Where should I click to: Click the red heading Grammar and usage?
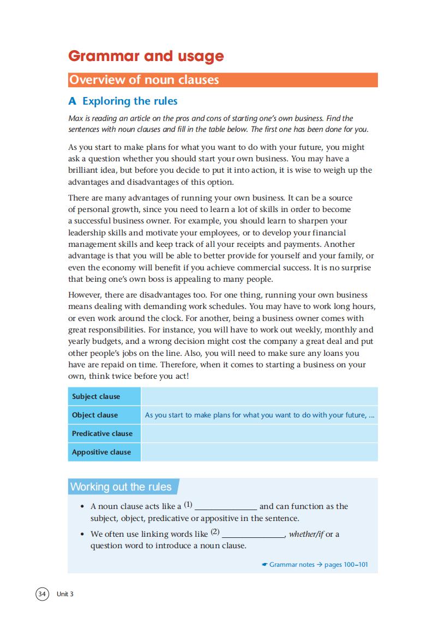(146, 56)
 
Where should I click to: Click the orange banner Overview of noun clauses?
(143, 80)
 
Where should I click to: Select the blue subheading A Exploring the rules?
(123, 101)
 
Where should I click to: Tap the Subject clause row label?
(96, 396)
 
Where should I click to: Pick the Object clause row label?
(95, 415)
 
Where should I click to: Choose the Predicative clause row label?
(103, 433)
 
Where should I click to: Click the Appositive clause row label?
(101, 452)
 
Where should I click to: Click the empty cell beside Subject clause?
(259, 396)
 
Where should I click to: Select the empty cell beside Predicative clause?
(259, 433)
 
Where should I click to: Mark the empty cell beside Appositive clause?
(259, 452)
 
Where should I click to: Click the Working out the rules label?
(121, 487)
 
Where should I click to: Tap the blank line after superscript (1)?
(226, 507)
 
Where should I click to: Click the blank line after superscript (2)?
(253, 535)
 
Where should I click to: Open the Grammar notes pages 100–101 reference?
(315, 565)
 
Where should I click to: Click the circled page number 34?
(43, 593)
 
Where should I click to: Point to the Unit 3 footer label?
(65, 594)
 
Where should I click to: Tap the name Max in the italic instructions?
(75, 118)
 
